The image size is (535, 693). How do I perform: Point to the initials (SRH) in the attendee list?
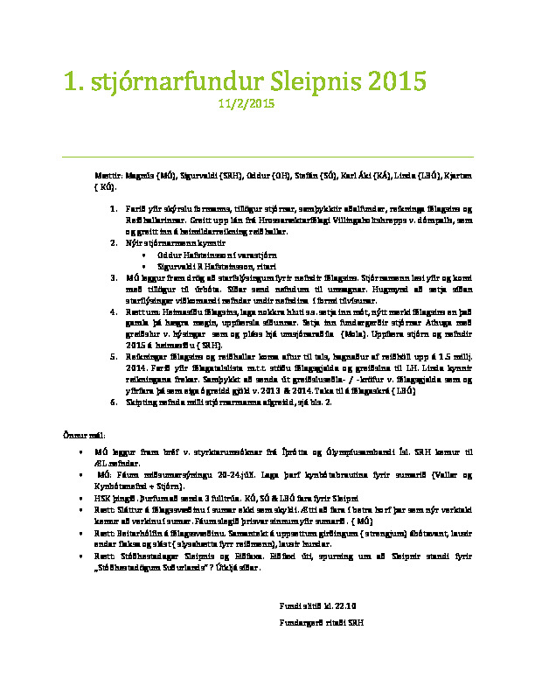coord(232,176)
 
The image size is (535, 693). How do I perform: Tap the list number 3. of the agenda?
coord(113,276)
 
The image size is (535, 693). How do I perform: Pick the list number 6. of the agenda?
coord(113,402)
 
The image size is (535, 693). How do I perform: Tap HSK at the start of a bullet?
coord(101,494)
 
